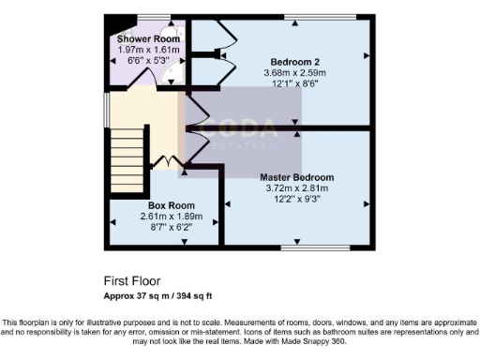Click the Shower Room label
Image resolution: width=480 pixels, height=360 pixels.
[142, 38]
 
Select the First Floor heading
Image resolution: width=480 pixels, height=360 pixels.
[131, 280]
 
